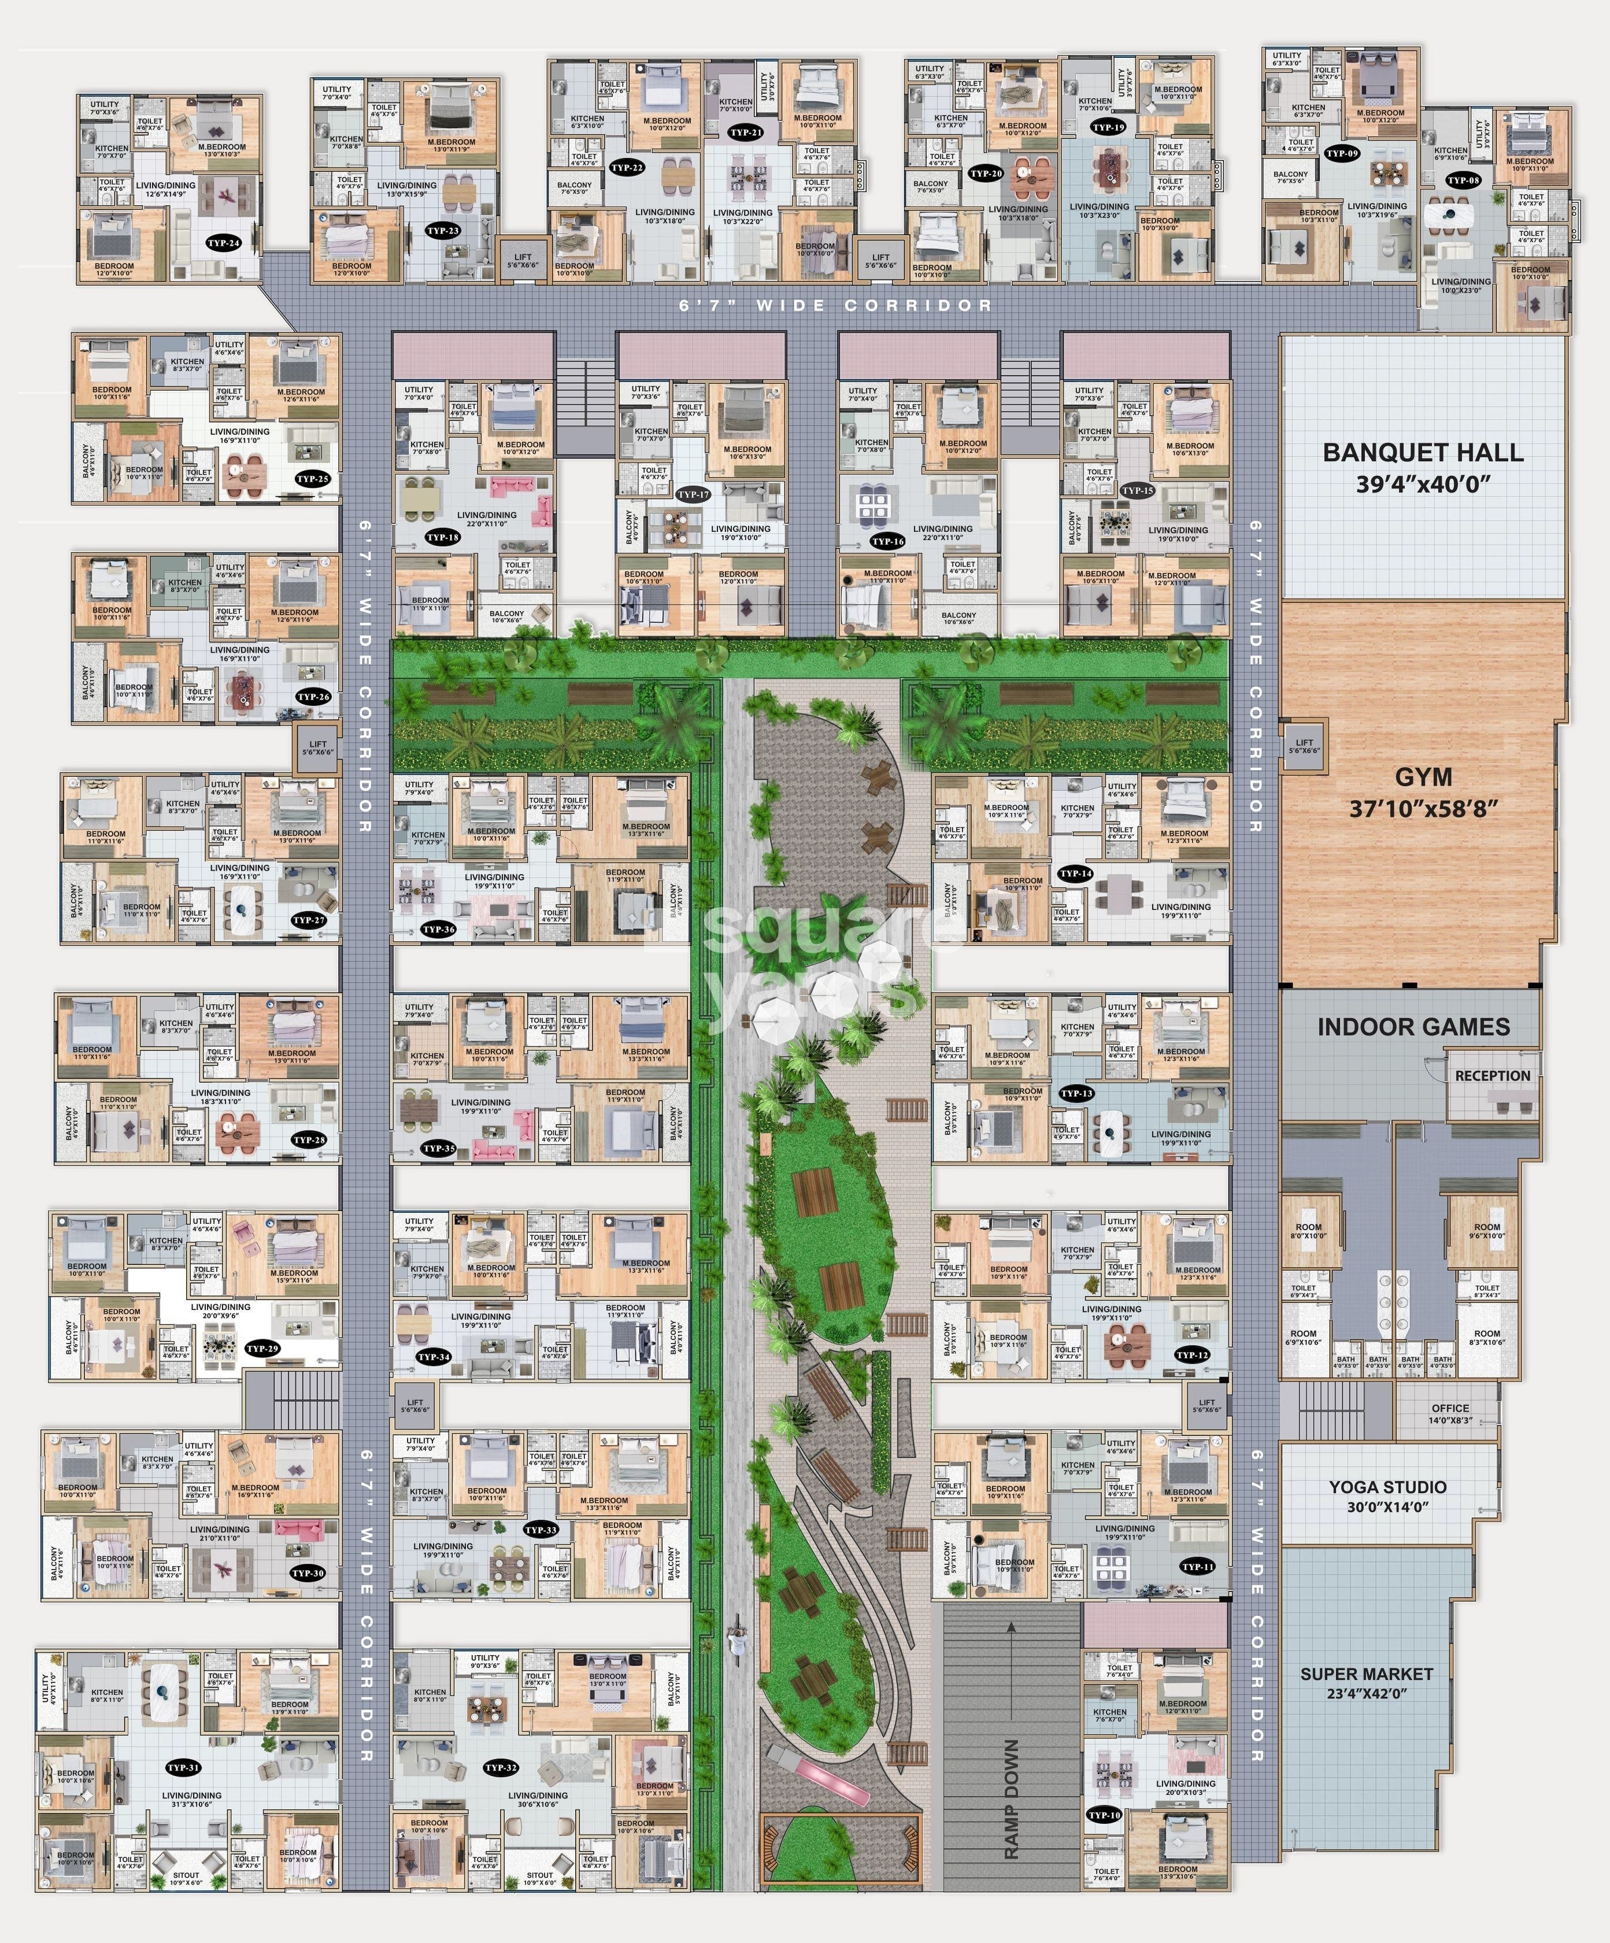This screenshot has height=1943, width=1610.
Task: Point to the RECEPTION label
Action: [1491, 1076]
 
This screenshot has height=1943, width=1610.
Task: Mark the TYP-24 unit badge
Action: [224, 243]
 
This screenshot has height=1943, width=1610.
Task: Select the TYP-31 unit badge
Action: [183, 1767]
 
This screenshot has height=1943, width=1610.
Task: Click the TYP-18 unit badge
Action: [442, 536]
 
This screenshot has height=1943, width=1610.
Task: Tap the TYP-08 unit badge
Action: [1463, 180]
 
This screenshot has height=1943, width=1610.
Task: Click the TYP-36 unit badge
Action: [438, 930]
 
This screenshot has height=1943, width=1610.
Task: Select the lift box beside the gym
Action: [1303, 746]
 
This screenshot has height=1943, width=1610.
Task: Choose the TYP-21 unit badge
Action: [746, 132]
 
